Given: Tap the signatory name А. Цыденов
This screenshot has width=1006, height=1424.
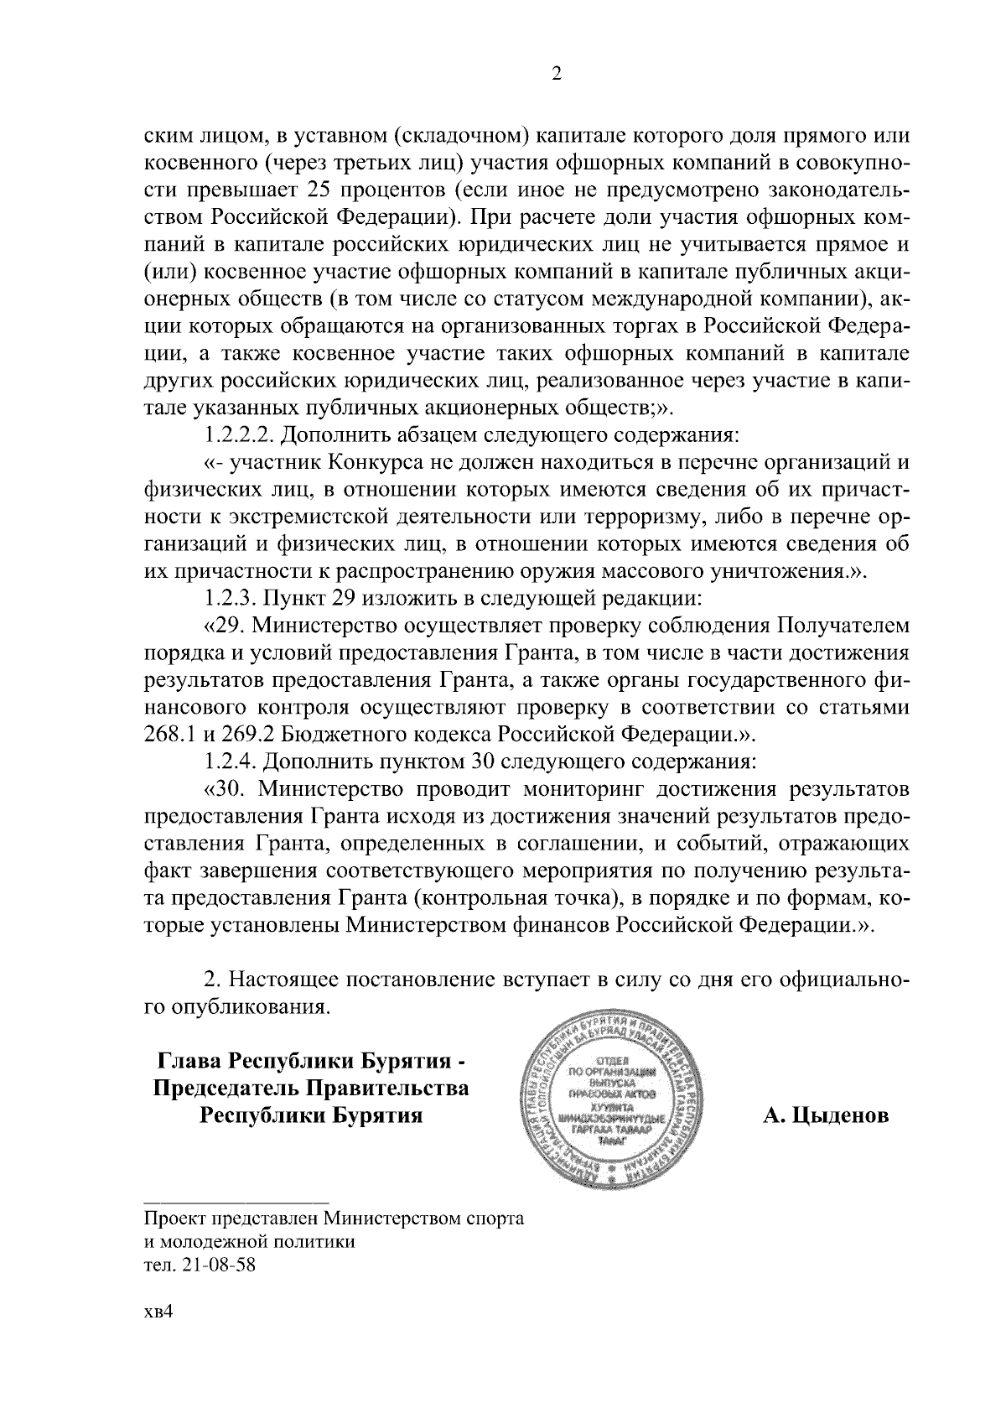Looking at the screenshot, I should [826, 1116].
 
